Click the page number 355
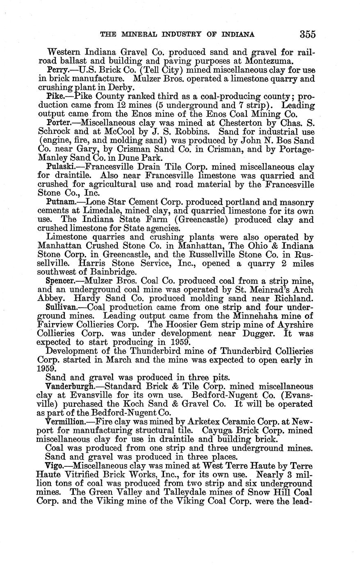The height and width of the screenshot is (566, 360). pyautogui.click(x=308, y=34)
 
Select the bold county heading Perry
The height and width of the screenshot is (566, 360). pyautogui.click(x=56, y=70)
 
